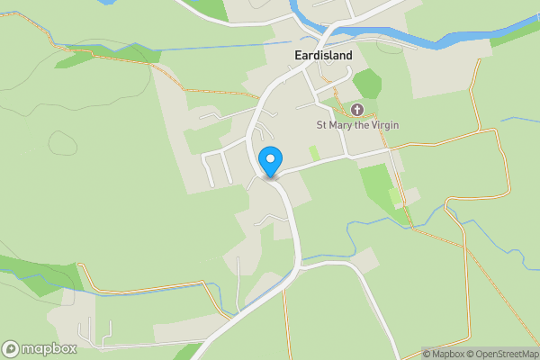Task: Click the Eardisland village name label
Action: [x=323, y=55]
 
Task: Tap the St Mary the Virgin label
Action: [x=356, y=125]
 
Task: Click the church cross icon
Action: [x=356, y=110]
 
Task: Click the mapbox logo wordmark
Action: [x=49, y=348]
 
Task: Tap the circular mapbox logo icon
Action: [x=12, y=348]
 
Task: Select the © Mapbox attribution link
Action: [x=445, y=354]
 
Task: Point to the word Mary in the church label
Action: [x=338, y=125]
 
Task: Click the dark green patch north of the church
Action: [x=367, y=84]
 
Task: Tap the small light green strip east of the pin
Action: [x=314, y=153]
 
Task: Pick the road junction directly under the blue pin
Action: [x=271, y=176]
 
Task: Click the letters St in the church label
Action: [x=320, y=125]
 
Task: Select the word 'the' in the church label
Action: [x=360, y=125]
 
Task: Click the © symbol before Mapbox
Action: [x=427, y=354]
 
